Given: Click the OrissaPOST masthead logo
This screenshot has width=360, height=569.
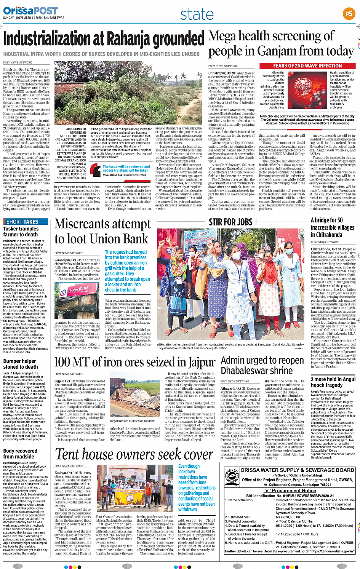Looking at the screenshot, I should pos(30,10).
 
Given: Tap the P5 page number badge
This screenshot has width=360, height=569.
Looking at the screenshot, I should pos(349,14).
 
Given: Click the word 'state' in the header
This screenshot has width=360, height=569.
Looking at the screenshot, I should pos(197,14).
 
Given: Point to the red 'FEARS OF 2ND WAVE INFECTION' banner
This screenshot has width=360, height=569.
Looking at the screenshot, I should pos(307,66).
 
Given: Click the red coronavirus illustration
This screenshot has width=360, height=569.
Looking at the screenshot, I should pos(307,90).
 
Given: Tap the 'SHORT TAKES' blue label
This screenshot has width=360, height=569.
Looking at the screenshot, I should pos(26,222).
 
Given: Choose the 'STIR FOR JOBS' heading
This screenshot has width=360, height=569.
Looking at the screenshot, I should pos(231,222).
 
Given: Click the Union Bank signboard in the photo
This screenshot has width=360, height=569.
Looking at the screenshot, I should pos(78,290).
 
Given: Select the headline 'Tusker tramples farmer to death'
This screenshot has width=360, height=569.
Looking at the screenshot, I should pos(21,232).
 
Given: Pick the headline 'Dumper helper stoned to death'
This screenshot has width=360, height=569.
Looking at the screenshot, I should pos(21,364).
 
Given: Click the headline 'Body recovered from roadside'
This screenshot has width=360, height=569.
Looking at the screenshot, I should pos(20,454).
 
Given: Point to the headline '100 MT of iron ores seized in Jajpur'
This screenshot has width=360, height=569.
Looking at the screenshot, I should pos(135,362).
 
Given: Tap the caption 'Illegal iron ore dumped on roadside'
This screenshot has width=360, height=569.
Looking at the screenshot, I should pos(133,421).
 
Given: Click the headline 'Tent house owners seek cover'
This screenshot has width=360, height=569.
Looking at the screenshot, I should pos(134,454).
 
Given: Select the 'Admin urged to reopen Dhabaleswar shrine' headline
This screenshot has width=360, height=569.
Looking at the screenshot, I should pos(262,365).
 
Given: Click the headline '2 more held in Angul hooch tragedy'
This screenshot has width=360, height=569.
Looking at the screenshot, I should pos(333,382).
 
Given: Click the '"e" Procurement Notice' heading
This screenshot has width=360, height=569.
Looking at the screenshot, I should pos(290,491).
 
